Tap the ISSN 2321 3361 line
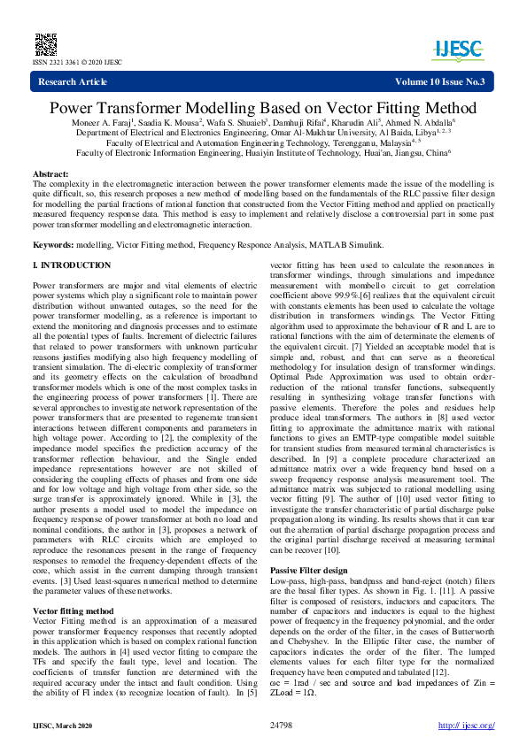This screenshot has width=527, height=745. click(x=66, y=63)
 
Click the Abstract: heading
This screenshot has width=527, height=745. click(x=50, y=174)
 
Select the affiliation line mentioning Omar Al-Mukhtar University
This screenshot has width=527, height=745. click(x=263, y=132)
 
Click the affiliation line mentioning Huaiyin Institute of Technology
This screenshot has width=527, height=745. click(x=263, y=151)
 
